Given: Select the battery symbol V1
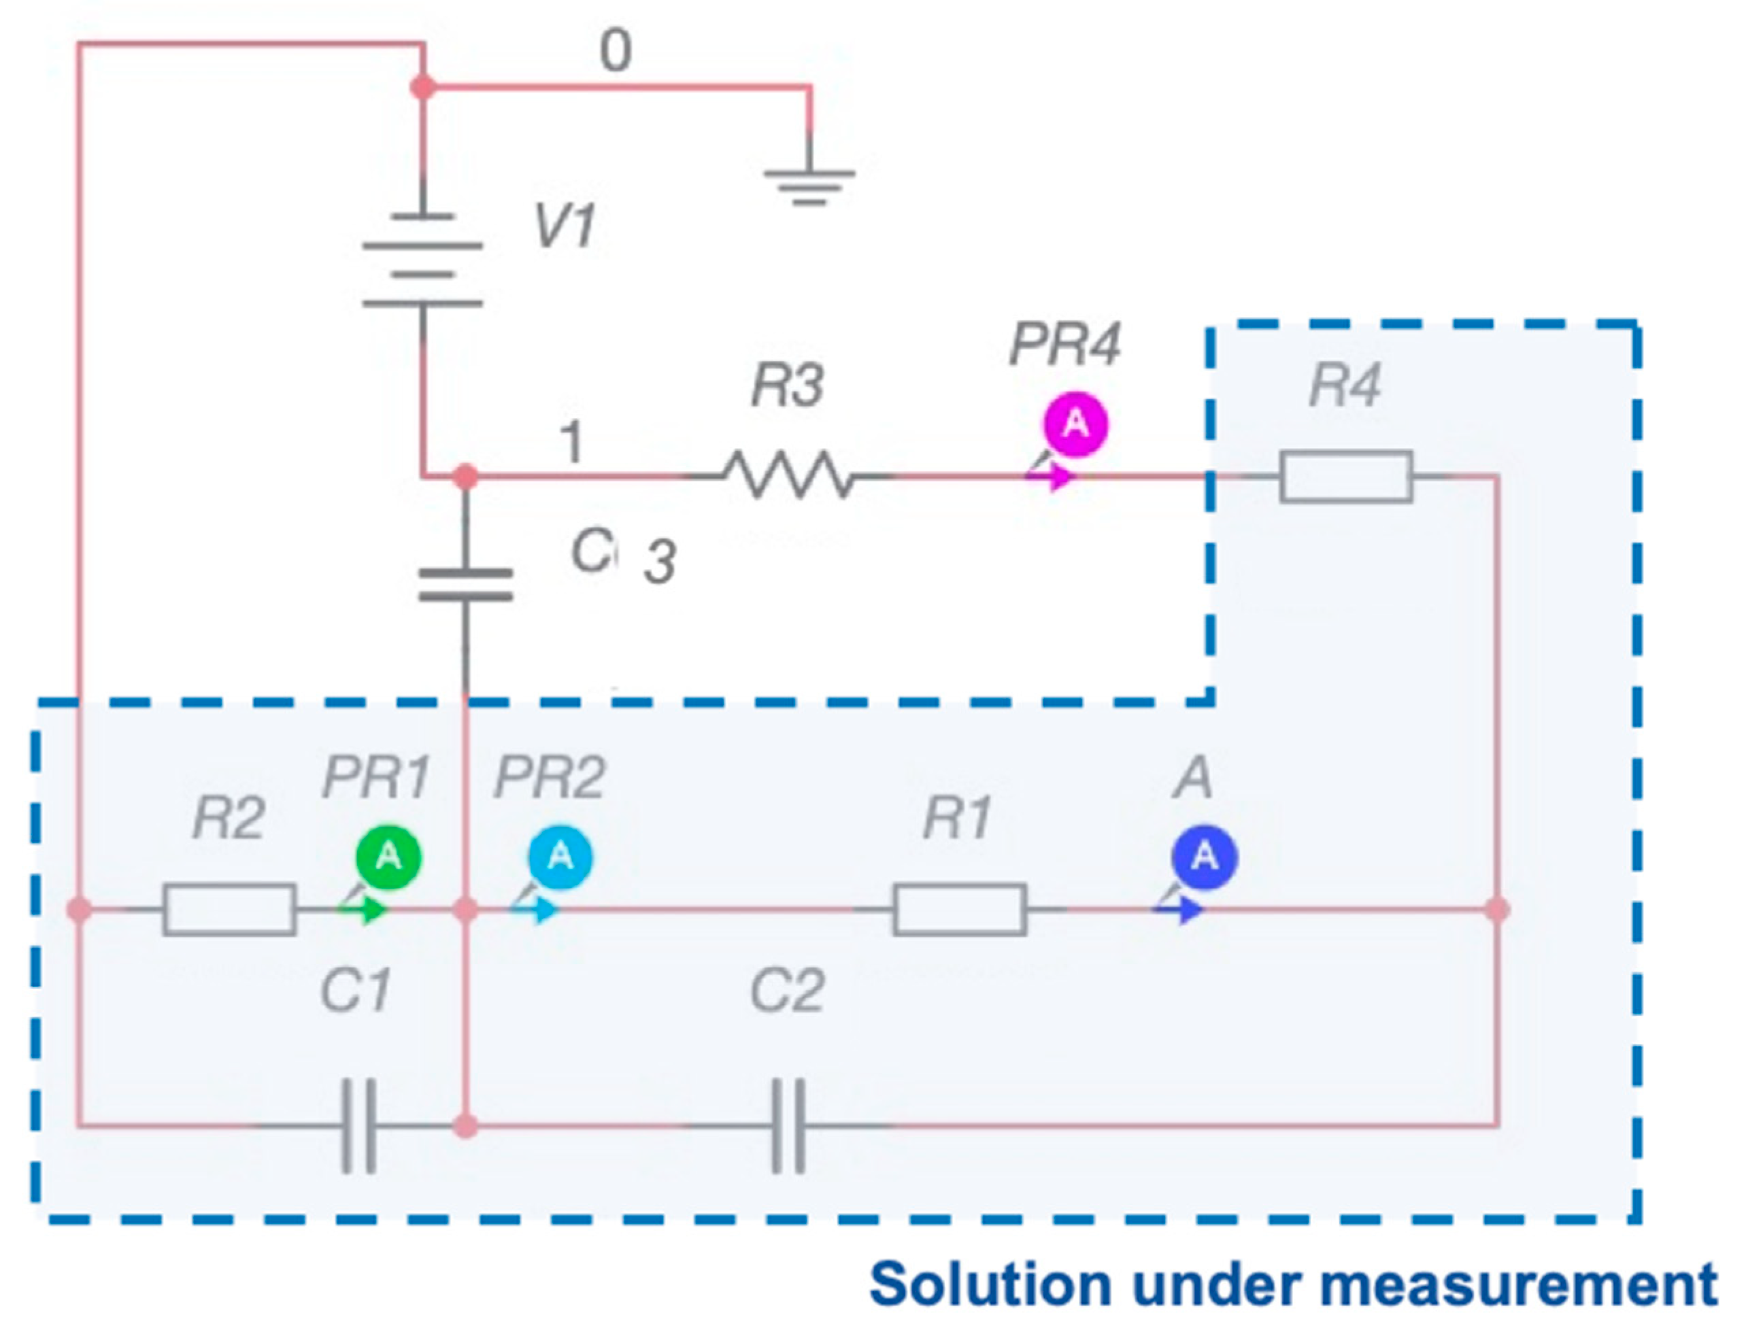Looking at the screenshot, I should tap(422, 260).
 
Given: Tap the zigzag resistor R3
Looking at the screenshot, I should tap(787, 475).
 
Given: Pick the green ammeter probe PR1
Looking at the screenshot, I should tap(388, 857).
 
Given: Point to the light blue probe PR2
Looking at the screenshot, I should tap(560, 857).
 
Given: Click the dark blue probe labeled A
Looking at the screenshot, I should tap(1205, 857).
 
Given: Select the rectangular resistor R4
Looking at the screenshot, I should tap(1345, 477).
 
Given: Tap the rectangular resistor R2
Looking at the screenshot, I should tap(229, 909).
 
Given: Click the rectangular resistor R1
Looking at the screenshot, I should tap(959, 909).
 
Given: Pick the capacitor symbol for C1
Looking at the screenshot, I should tap(359, 1125).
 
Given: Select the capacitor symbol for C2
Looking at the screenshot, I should tap(788, 1125).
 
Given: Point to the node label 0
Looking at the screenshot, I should tap(616, 52).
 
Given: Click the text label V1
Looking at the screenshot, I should tap(565, 226).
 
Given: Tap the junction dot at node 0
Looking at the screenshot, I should tap(422, 86).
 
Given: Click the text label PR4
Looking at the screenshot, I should tap(1064, 345).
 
